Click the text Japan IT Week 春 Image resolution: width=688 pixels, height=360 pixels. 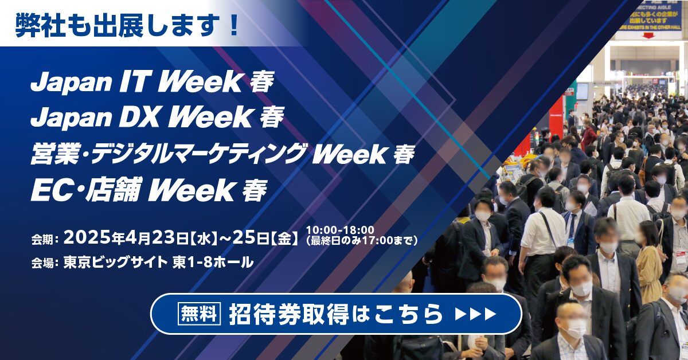tap(152, 83)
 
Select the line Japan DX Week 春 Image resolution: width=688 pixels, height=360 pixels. tap(157, 118)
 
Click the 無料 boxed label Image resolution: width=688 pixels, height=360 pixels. tap(199, 314)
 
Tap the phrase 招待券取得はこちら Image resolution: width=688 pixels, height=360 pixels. tap(336, 314)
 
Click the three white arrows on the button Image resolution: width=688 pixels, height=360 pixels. tap(475, 314)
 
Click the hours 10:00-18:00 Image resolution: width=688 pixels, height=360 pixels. tap(340, 229)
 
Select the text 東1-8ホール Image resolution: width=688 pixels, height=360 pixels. tap(213, 263)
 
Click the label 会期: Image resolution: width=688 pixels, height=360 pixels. tap(45, 240)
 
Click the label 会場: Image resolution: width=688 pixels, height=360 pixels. tap(45, 264)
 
